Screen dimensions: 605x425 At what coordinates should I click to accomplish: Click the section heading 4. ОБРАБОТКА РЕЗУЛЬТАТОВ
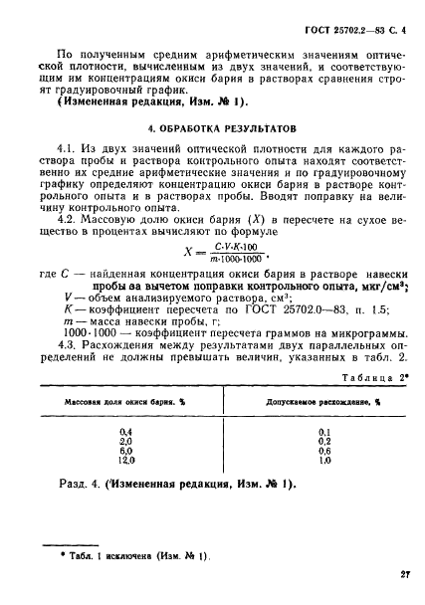pyautogui.click(x=211, y=129)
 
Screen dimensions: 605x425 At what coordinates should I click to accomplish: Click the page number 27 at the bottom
pyautogui.click(x=406, y=574)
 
